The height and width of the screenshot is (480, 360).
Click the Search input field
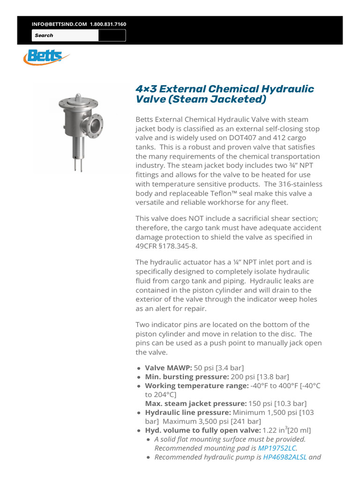pos(65,36)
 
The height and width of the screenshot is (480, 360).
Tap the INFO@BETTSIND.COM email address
pos(59,24)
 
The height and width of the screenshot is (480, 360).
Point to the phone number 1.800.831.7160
pos(108,24)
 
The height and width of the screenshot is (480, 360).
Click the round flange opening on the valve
pos(97,125)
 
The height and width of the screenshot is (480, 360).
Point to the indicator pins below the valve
pos(77,165)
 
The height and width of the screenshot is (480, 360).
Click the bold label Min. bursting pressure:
pos(187,377)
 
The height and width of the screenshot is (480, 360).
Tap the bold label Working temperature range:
pos(196,386)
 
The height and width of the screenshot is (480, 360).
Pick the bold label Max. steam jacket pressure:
pos(195,404)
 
